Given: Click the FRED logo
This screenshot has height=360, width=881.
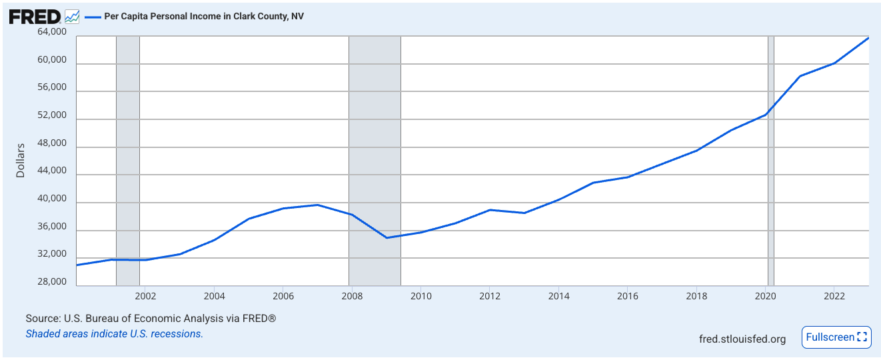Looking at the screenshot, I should click(35, 16).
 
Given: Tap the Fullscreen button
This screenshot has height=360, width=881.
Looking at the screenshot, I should click(836, 337).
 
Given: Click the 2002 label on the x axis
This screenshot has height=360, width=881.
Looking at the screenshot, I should click(145, 295).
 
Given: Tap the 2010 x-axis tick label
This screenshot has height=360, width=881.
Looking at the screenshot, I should click(421, 295).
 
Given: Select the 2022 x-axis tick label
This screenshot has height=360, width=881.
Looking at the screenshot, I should click(834, 295).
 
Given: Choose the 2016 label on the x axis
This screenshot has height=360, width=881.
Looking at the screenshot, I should click(627, 295).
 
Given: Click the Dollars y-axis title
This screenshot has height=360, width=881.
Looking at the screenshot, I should click(21, 160).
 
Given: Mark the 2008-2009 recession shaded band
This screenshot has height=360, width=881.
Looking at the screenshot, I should click(375, 160).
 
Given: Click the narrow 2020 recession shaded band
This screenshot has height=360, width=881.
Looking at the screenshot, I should click(771, 160).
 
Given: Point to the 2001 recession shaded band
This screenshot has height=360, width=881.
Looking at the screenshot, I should click(128, 160).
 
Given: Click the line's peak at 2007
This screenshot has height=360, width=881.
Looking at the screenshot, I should click(318, 205).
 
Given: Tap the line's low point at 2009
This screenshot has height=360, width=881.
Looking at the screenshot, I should click(387, 238).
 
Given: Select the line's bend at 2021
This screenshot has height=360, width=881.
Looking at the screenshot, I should click(800, 76).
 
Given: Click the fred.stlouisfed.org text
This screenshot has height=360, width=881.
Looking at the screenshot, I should click(742, 339).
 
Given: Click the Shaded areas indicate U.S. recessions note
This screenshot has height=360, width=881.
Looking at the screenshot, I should click(114, 333).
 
